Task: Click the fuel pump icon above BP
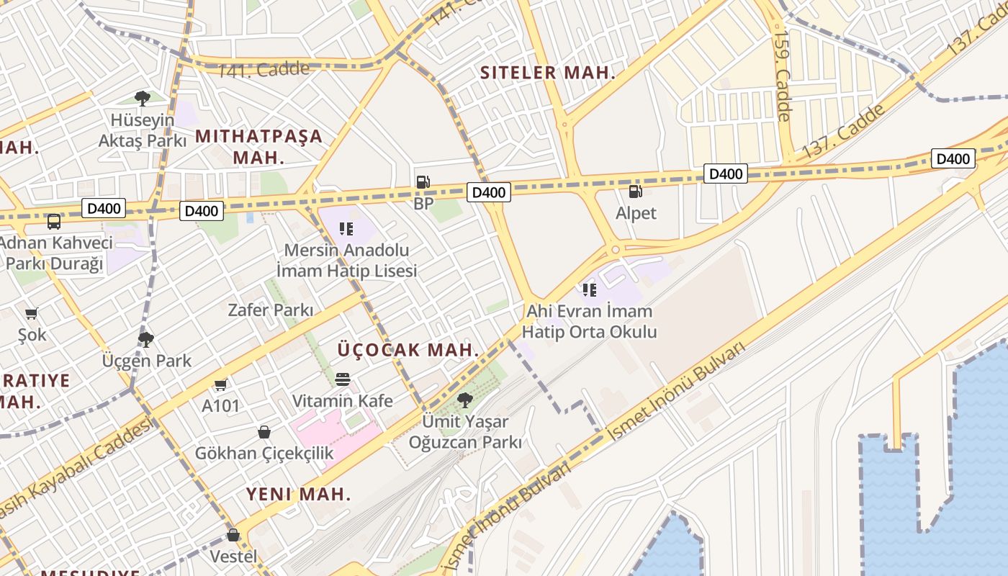tap(423, 182)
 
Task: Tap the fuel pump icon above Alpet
tap(635, 192)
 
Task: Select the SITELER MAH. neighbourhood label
tap(548, 73)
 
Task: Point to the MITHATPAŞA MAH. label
tap(259, 146)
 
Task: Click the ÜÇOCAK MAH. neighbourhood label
tap(408, 350)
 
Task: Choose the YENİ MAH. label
tap(299, 495)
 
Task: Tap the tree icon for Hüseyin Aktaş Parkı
tap(143, 99)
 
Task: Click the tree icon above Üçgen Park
tap(146, 339)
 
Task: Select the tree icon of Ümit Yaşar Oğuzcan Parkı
tap(465, 400)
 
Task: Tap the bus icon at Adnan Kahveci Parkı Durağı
tap(54, 221)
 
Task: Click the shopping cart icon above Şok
tap(32, 313)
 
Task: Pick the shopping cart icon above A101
tap(220, 384)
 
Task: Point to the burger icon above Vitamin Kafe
tap(343, 379)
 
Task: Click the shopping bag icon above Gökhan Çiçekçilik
tap(264, 432)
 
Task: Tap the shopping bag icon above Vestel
tap(233, 535)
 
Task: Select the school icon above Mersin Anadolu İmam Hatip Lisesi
tap(346, 229)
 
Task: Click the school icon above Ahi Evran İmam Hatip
tap(590, 290)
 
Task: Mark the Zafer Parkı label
tap(271, 310)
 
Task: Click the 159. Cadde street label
tap(782, 75)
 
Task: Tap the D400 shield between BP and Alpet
tap(490, 192)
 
